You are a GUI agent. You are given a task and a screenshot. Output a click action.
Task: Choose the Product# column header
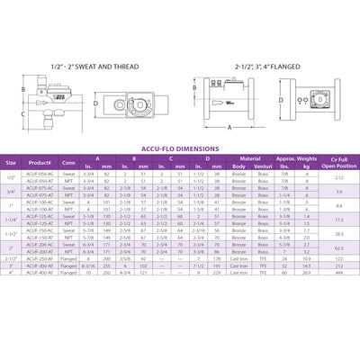point(44,162)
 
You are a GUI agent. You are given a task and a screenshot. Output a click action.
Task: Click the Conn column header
point(69,162)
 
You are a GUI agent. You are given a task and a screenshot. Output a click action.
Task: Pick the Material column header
point(251,157)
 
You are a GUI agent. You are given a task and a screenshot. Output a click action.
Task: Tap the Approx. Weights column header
point(297,157)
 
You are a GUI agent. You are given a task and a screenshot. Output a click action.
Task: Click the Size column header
point(12,162)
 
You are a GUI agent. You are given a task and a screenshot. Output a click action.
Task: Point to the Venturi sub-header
point(265,167)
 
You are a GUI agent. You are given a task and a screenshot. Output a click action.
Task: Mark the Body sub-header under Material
point(238,167)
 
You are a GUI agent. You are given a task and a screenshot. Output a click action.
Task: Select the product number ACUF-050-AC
point(44,174)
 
